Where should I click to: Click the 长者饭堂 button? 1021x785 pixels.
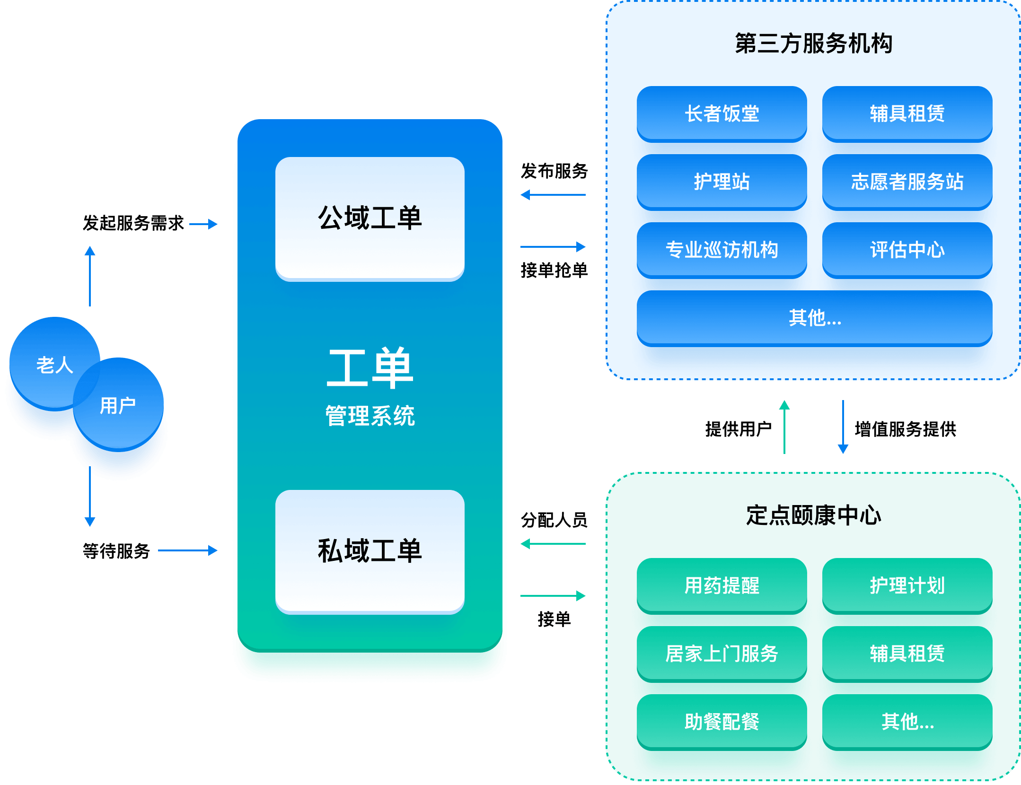click(x=722, y=113)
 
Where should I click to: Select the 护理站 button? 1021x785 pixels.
click(x=722, y=182)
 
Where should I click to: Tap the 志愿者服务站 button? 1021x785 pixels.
click(x=907, y=182)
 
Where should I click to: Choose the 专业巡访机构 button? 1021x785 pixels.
click(x=722, y=250)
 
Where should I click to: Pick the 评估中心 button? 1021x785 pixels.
click(x=907, y=250)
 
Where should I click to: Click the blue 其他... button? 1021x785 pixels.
click(x=814, y=318)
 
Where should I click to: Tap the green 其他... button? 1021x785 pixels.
click(x=907, y=722)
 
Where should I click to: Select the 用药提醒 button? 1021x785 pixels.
click(x=722, y=585)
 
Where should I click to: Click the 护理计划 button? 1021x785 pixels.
click(x=907, y=585)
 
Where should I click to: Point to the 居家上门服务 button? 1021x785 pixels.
click(x=722, y=654)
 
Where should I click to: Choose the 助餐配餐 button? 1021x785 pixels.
click(x=722, y=722)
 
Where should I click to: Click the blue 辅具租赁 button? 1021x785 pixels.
click(x=907, y=113)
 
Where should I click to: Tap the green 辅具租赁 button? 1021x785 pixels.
click(x=907, y=654)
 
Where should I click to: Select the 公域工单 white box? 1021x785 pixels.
click(x=370, y=218)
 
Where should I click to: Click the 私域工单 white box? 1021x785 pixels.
click(x=370, y=551)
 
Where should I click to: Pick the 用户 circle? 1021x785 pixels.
click(x=118, y=405)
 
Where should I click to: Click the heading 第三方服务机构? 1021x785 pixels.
click(x=813, y=44)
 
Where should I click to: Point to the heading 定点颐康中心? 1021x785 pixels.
click(x=813, y=515)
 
